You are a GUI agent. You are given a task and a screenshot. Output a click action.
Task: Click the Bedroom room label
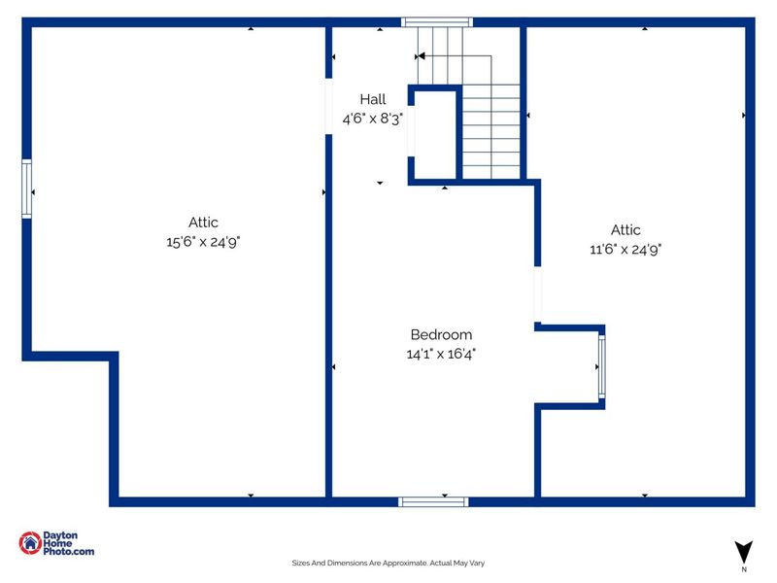pos(441,334)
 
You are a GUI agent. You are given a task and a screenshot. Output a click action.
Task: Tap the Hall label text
pos(373,99)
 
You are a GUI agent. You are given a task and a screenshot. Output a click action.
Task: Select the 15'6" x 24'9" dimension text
pos(203,241)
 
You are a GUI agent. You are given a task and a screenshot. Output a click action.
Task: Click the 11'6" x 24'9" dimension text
pos(625,249)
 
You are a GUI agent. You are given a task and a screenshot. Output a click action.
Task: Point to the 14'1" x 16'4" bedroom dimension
pos(441,355)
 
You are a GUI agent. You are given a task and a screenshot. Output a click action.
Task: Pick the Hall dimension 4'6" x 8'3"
pos(372,119)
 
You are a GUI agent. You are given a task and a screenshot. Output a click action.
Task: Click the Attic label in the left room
pos(203,223)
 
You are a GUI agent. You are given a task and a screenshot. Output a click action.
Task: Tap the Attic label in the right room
pos(625,230)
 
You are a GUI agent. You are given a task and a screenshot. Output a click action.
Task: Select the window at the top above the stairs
pos(437,21)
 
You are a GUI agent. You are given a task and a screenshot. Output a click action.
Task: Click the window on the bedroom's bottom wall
pos(433,501)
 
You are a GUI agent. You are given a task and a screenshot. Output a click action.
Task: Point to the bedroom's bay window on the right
pos(602,366)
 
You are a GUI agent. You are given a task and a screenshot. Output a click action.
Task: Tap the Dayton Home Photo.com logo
pos(56,545)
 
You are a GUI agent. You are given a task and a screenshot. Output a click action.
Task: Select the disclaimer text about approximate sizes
pos(388,562)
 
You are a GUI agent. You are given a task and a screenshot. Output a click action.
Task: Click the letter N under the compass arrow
pos(744,569)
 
